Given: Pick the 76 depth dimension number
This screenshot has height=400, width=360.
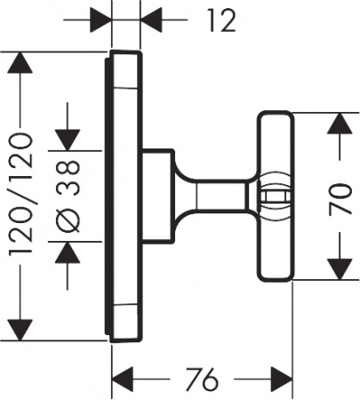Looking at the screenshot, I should tap(203, 380).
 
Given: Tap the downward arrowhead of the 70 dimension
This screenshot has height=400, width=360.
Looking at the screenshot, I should tap(336, 267).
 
